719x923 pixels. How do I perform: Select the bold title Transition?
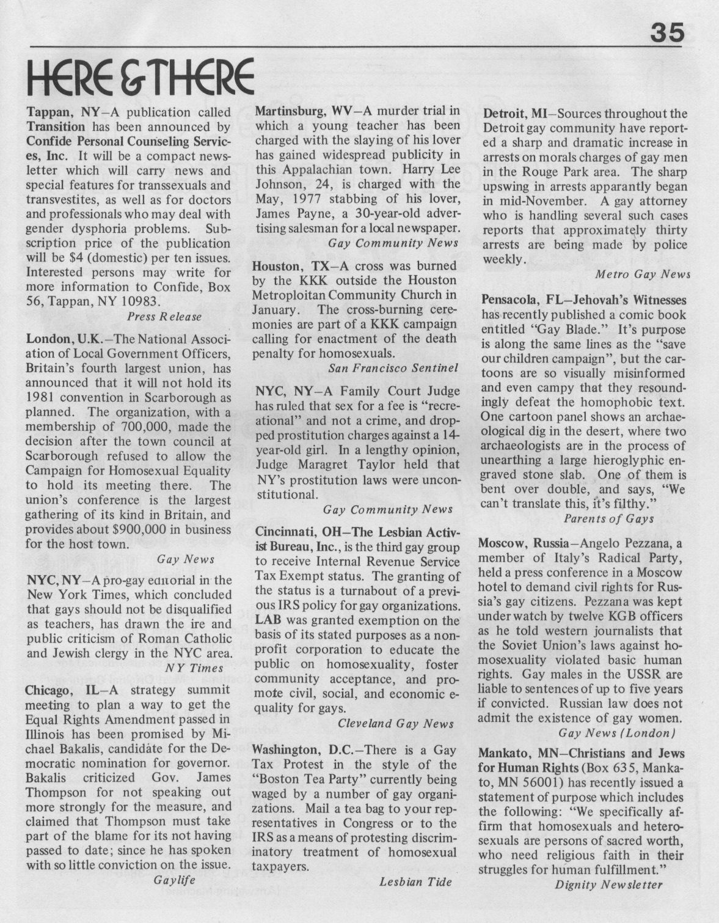(x=56, y=127)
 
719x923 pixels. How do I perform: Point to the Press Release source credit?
(x=164, y=316)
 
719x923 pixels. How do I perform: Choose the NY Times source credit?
(x=190, y=668)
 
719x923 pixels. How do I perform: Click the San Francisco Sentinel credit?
(x=393, y=369)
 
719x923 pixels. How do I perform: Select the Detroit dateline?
(x=503, y=114)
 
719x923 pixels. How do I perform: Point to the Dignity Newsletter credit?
(x=608, y=884)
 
